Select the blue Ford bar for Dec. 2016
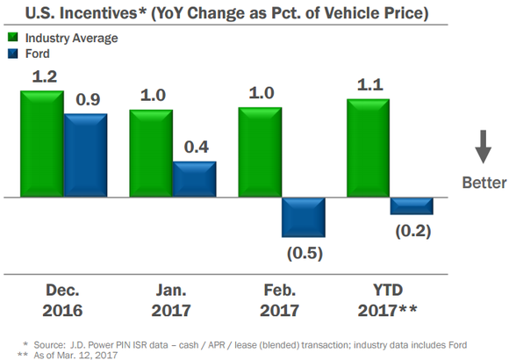point(85,155)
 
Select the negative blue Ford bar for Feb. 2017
point(303,216)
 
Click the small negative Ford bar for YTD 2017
point(412,205)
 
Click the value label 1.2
point(46,76)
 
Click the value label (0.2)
point(412,231)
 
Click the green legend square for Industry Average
point(12,38)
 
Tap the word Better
point(484,183)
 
